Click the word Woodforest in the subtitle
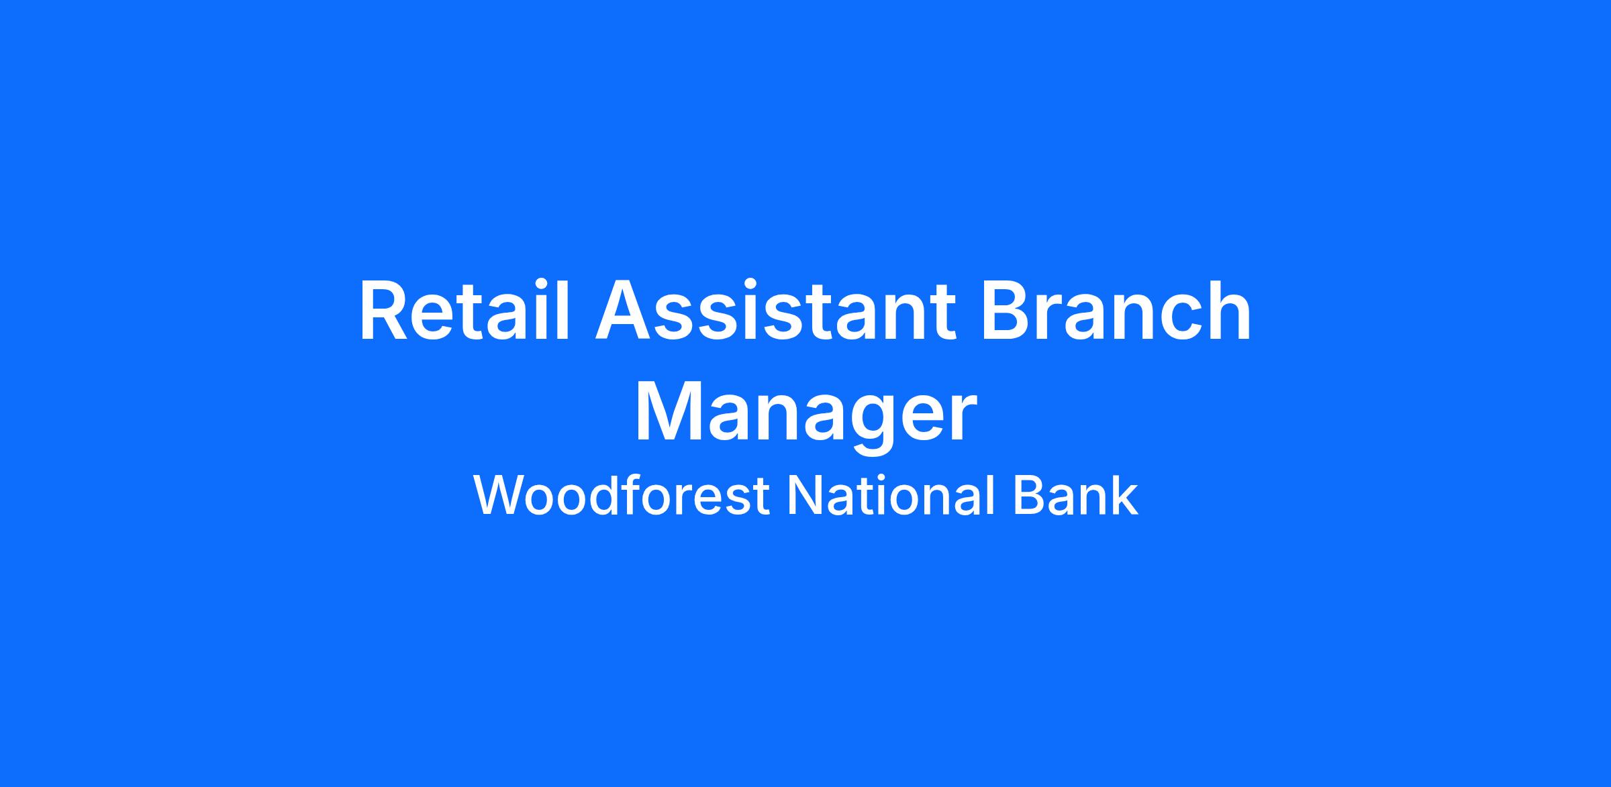pos(622,496)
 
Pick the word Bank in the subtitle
pos(1076,496)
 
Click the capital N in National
pos(805,496)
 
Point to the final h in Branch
pos(1230,311)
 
